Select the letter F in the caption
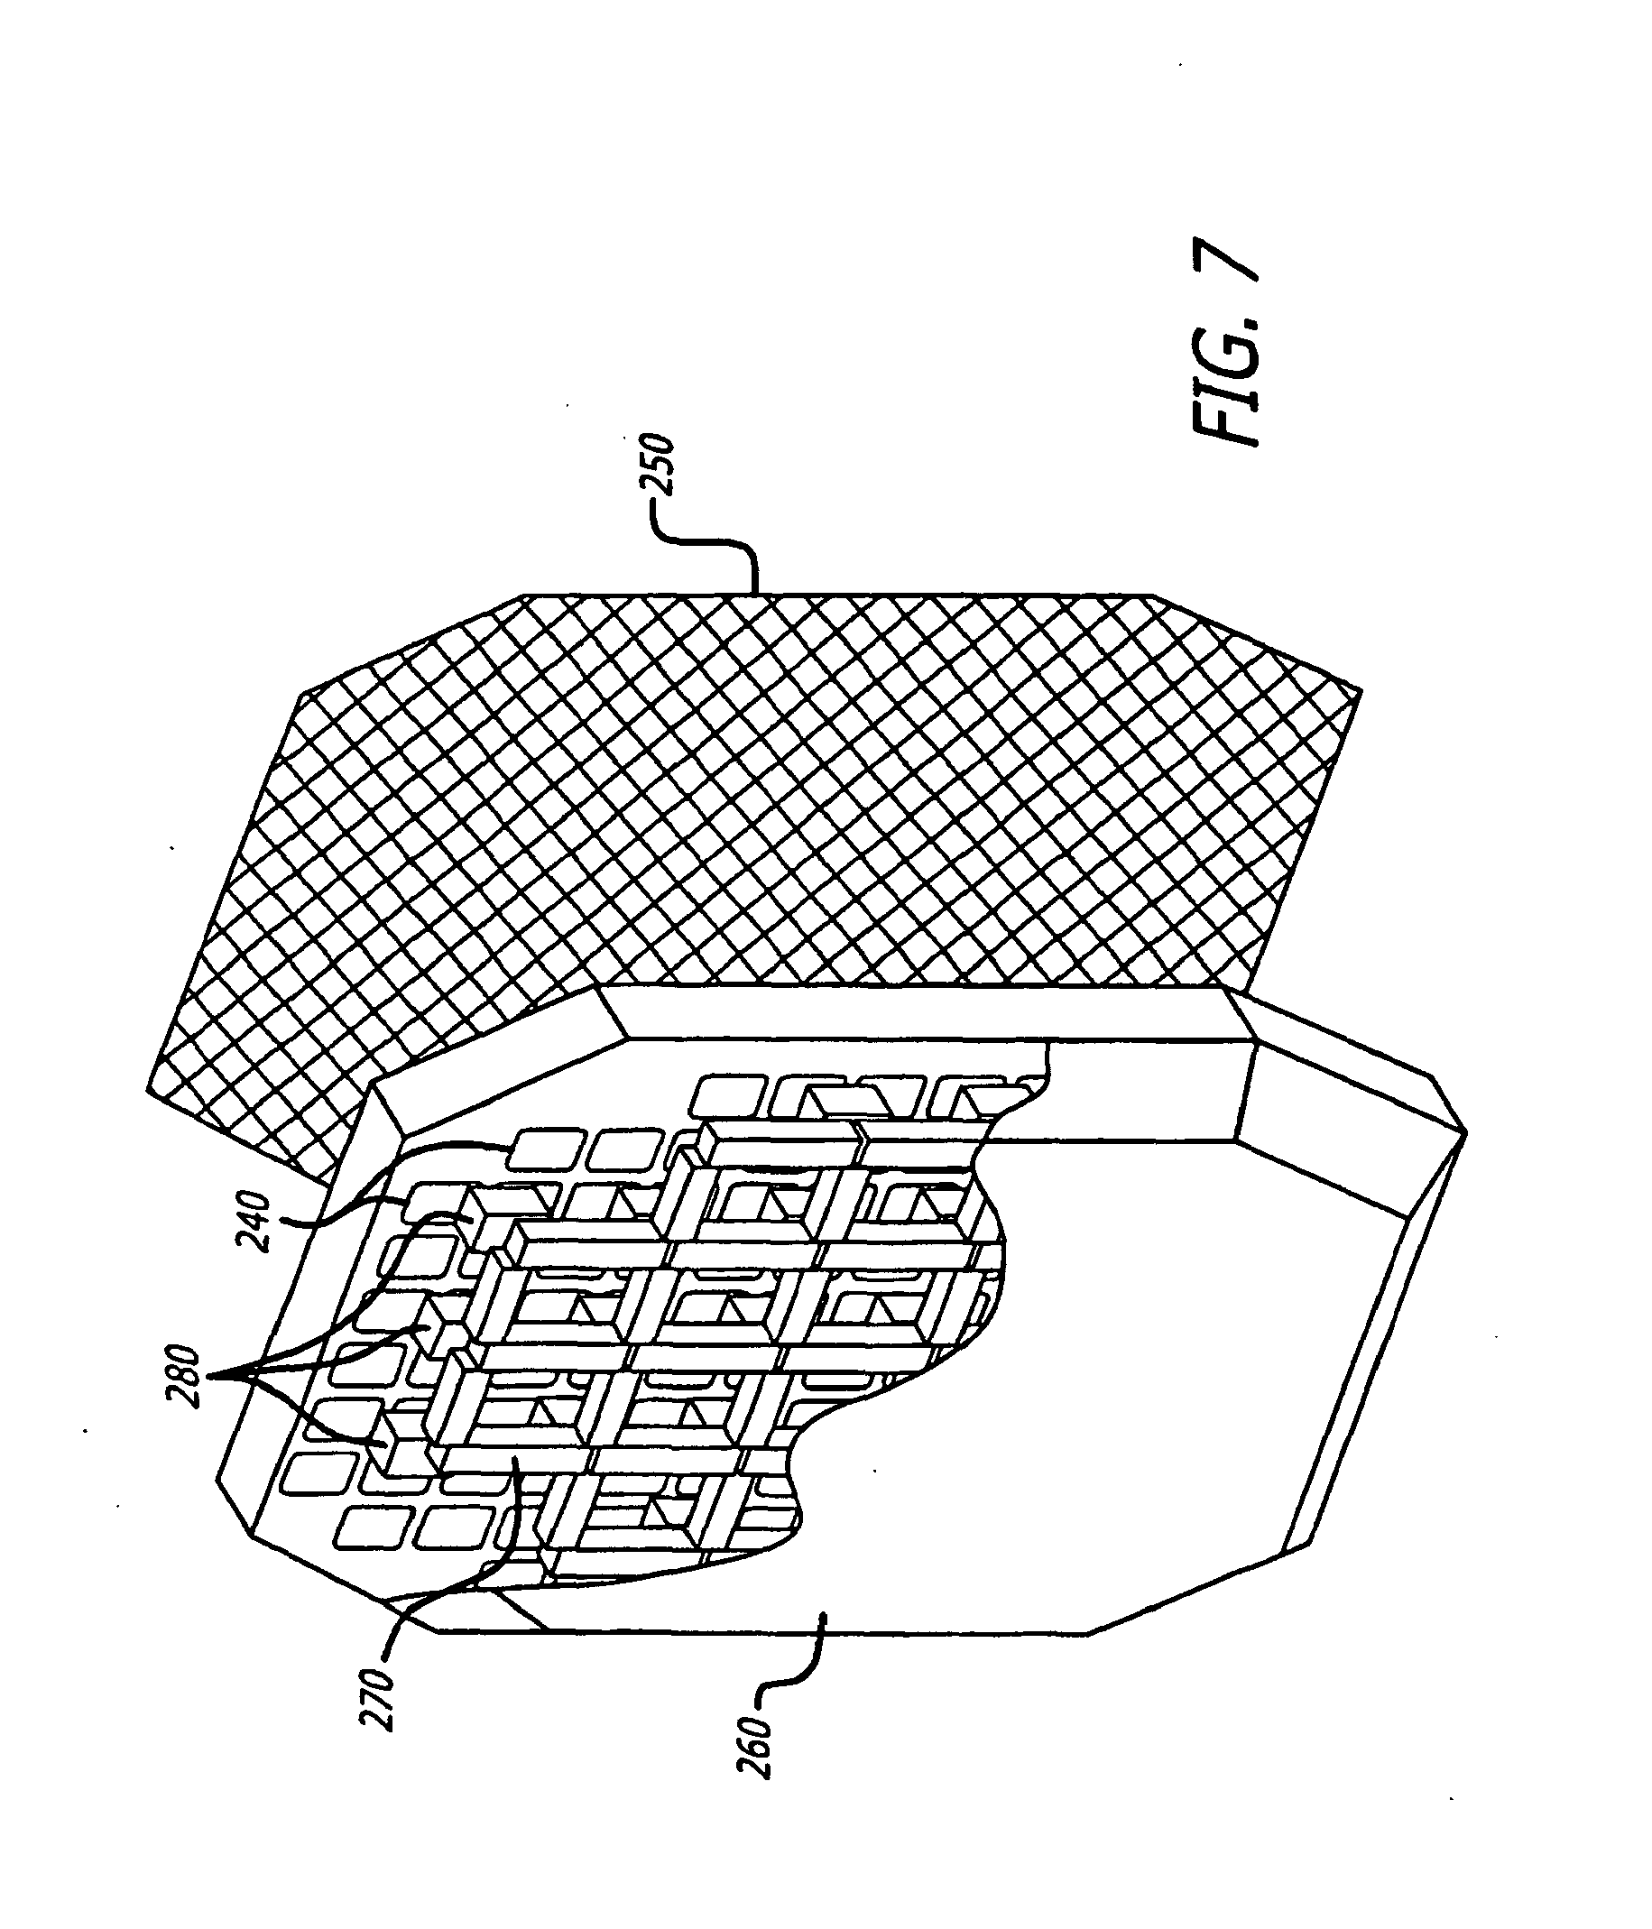click(x=1224, y=423)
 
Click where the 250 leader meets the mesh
click(x=754, y=593)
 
